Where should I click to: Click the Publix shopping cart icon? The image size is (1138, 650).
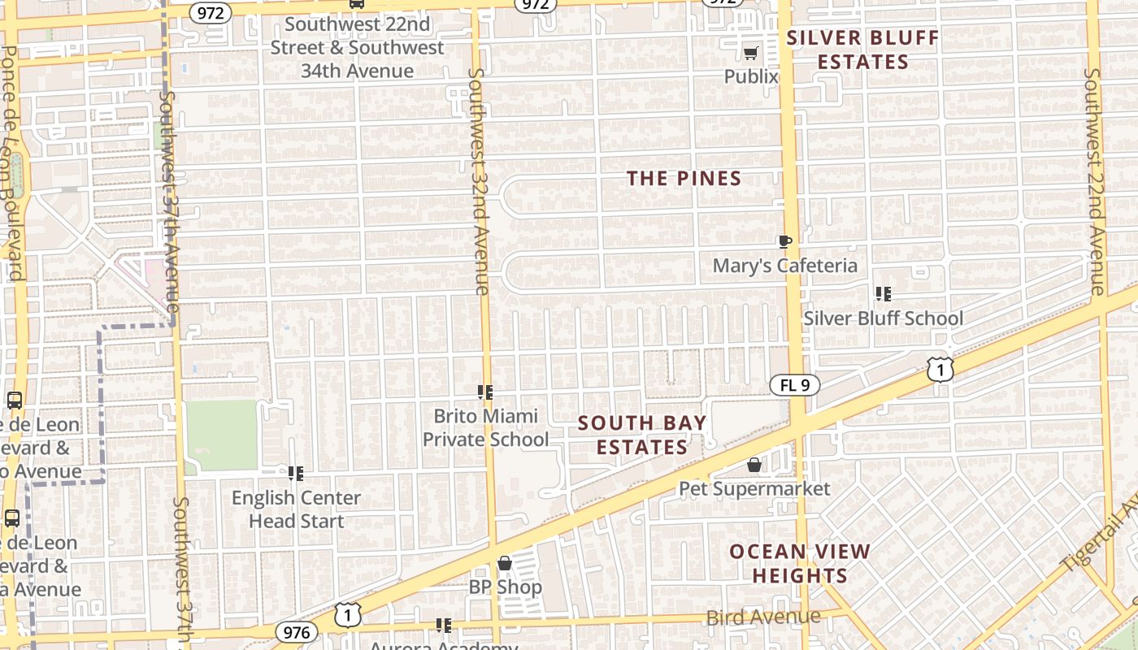pos(751,54)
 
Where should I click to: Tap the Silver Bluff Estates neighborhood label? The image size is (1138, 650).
pos(862,50)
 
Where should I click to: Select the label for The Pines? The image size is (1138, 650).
pos(684,179)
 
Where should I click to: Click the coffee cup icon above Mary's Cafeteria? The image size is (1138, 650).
pos(784,241)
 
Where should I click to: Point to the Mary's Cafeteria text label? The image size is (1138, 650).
pos(784,266)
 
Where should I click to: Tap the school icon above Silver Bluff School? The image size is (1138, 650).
pos(883,293)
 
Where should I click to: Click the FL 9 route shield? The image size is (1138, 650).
pos(794,385)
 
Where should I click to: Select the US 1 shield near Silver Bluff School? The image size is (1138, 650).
pos(940,370)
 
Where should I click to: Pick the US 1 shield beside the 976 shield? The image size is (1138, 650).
pos(348,614)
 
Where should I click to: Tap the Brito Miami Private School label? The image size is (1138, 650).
pos(485,427)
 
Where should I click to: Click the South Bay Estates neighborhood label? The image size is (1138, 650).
pos(642,435)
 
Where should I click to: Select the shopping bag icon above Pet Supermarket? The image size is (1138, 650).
pos(754,465)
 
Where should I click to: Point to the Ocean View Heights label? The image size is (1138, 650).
pos(800,564)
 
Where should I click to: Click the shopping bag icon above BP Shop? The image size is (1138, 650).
pos(505,563)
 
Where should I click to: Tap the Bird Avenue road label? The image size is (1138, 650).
pos(763,617)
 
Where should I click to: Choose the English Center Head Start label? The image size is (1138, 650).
pos(296,509)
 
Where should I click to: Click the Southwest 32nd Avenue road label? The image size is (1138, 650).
pos(479,180)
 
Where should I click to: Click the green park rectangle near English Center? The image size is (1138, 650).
pos(221,435)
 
